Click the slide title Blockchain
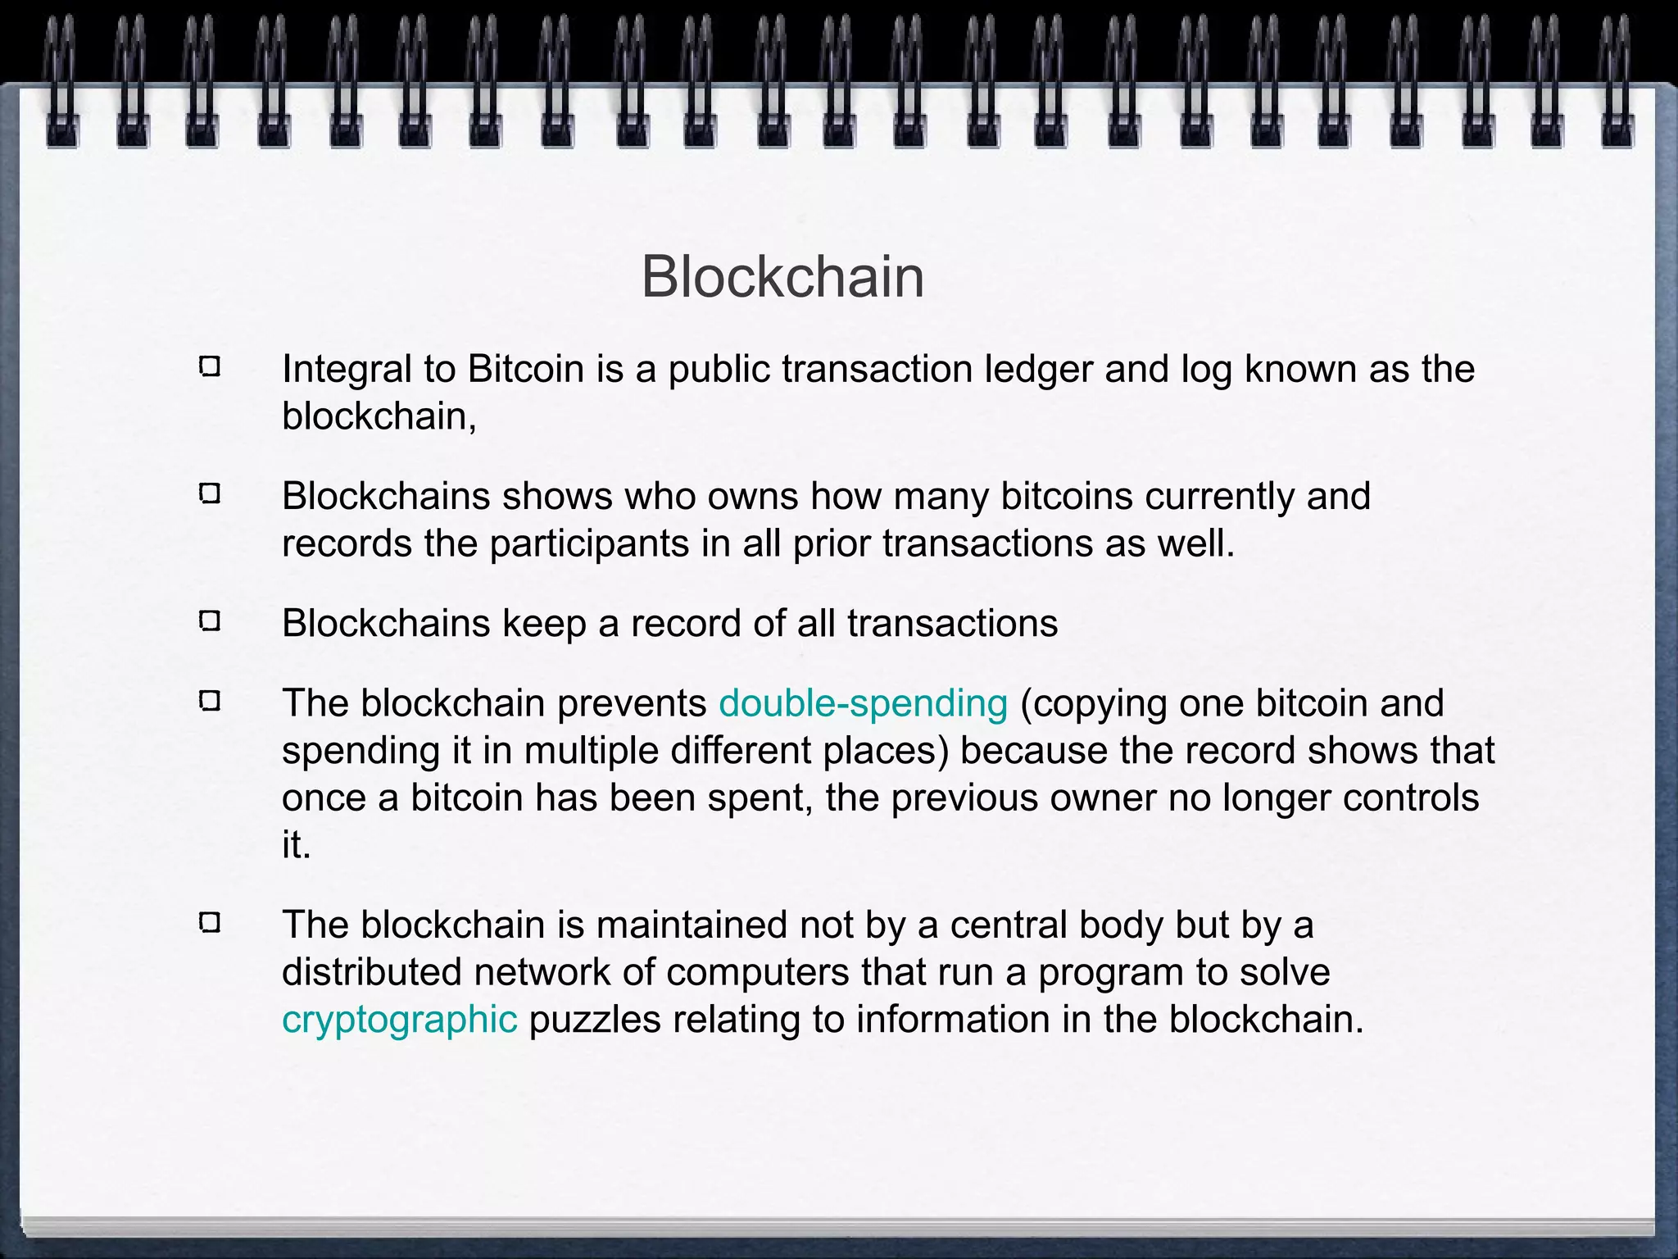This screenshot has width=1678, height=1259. (782, 277)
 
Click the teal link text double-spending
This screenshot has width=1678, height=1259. (863, 704)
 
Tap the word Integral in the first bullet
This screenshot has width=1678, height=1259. (347, 370)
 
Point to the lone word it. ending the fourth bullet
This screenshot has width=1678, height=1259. (296, 845)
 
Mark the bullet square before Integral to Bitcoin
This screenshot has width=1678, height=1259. (210, 366)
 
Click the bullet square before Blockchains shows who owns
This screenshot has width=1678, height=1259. (210, 493)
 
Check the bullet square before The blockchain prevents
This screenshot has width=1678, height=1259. (210, 701)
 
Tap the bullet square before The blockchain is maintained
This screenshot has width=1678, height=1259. (210, 923)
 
